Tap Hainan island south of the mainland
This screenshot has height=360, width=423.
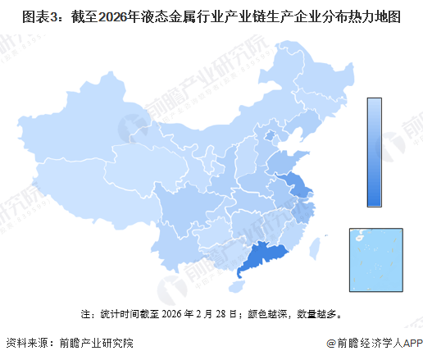[239, 288]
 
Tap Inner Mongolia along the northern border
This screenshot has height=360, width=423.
[221, 131]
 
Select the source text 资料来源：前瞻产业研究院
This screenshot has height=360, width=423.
[69, 344]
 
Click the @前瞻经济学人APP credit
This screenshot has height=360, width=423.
[372, 344]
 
